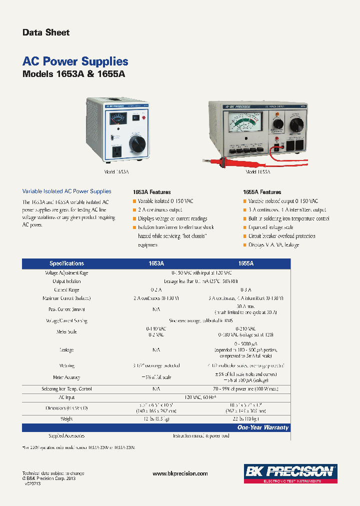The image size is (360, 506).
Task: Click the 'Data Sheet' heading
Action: pos(46,32)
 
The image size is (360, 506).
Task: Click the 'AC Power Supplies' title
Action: pos(75,61)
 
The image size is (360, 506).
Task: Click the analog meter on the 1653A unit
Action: pos(118,121)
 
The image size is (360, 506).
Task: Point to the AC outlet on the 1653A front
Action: pos(116,151)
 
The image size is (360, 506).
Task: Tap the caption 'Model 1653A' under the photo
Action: pos(116,171)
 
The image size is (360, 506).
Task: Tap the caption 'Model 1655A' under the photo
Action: pos(258,171)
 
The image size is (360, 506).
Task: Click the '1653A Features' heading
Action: pos(152,192)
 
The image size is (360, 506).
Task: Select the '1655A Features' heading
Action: pos(262,192)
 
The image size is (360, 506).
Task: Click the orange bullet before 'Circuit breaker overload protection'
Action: pos(244,236)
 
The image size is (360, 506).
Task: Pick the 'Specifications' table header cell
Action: pos(66,263)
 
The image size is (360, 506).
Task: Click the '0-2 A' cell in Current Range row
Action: pos(156,289)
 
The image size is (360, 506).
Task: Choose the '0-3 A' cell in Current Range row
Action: pos(245,289)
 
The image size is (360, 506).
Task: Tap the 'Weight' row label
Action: pos(66,418)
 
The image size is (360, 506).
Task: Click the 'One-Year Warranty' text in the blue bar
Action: pos(263,427)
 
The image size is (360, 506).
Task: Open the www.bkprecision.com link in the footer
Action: pos(180,473)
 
